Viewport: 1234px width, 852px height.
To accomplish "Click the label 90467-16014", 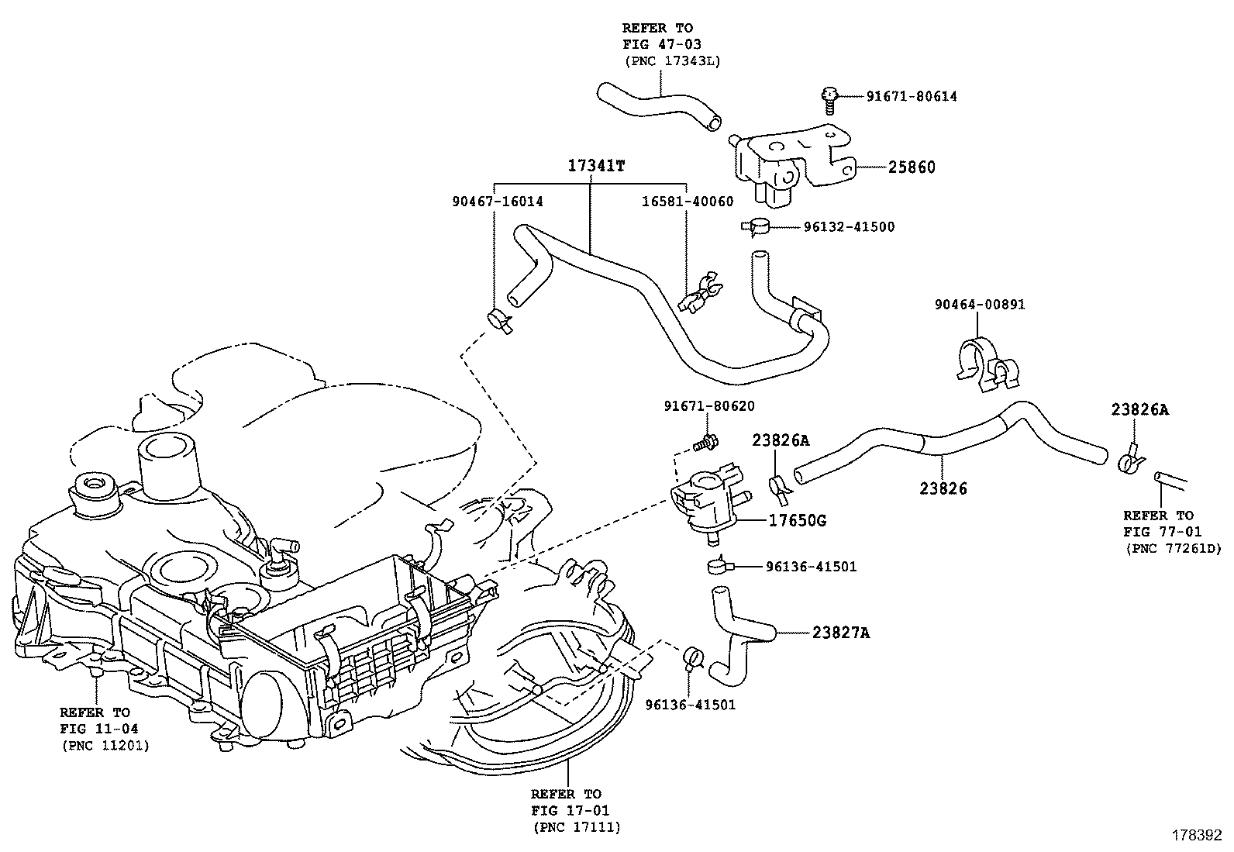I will click(497, 202).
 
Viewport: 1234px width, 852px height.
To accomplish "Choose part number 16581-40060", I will click(687, 202).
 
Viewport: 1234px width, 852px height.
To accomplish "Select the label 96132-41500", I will click(848, 227).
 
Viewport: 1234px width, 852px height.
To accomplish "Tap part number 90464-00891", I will click(979, 305).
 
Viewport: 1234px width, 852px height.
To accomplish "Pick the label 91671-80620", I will click(708, 406).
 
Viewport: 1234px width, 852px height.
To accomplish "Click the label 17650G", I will click(797, 521).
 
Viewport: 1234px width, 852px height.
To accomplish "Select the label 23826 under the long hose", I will click(943, 488).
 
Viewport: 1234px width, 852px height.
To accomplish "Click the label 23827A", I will click(841, 633).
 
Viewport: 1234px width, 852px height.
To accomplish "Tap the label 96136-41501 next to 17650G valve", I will click(811, 567).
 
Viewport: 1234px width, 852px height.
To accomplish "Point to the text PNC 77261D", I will click(1173, 549).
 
